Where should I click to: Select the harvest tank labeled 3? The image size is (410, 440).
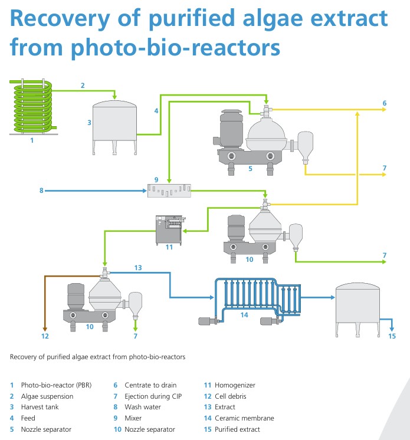[x=114, y=127]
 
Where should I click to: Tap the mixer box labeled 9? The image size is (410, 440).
[x=169, y=191]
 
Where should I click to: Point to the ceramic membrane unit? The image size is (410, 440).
[x=250, y=301]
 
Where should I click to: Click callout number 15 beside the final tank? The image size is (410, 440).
[x=392, y=336]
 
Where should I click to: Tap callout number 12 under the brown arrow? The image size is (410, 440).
[x=45, y=336]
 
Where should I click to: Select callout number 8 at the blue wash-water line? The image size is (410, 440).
[x=41, y=191]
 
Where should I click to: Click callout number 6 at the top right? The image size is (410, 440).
[x=385, y=103]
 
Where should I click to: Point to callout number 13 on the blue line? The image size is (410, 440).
[x=138, y=268]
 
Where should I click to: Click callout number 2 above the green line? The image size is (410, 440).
[x=83, y=86]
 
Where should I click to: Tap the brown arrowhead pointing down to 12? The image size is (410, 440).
[x=45, y=329]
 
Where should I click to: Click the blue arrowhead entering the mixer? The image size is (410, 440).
[x=145, y=191]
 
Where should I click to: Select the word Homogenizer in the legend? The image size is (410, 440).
[x=235, y=385]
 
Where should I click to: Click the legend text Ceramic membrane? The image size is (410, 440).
[x=244, y=418]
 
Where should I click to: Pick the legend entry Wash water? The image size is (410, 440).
[x=143, y=407]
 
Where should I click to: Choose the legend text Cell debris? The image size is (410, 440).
[x=231, y=396]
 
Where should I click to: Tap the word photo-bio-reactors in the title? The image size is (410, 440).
[x=175, y=48]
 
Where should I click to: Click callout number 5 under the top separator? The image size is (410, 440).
[x=250, y=169]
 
